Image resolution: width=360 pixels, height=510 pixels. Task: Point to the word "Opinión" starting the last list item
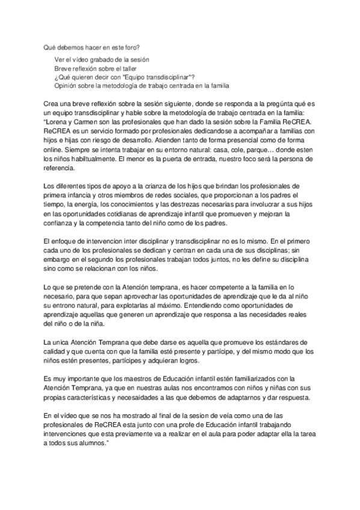[x=66, y=85]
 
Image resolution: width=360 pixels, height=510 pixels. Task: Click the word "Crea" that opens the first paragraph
[x=52, y=103]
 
